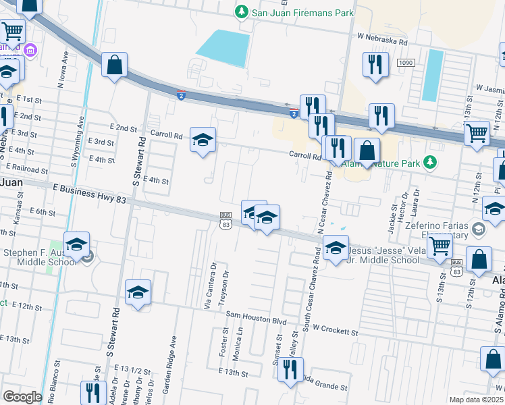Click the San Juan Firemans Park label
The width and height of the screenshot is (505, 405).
pos(294,12)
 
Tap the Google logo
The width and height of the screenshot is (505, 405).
pos(22,396)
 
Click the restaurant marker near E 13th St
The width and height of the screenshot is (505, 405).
pos(290,369)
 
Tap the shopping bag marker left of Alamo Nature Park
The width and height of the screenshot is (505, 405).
pos(367,151)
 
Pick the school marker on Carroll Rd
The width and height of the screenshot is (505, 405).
pos(203,140)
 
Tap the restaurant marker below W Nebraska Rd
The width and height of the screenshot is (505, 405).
pos(375,64)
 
